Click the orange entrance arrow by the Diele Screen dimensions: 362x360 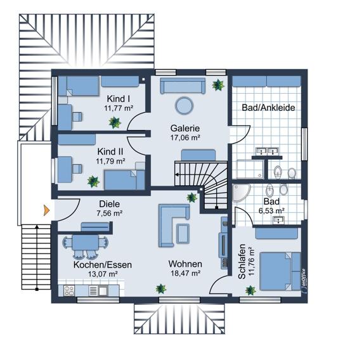tap(47, 210)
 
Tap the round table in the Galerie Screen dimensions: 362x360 tap(184, 106)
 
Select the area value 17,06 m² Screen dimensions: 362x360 tap(185, 138)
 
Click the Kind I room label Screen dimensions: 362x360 tap(118, 99)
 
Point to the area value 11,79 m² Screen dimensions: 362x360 tap(110, 161)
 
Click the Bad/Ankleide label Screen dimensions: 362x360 tap(268, 108)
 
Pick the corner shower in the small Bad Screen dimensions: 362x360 tap(241, 193)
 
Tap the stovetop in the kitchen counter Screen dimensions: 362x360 tap(69, 291)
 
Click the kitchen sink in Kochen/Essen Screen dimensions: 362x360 tap(103, 291)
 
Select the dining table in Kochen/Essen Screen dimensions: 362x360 tap(86, 242)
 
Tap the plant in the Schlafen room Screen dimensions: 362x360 tap(250, 290)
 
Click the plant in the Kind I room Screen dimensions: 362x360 tap(115, 122)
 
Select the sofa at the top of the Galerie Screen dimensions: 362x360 tap(183, 86)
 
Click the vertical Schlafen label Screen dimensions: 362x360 tap(242, 261)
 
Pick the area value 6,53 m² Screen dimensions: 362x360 tap(271, 210)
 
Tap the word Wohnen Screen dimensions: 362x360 tap(185, 264)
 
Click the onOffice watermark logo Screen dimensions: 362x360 tap(304, 280)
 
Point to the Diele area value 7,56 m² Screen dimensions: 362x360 tap(110, 213)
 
